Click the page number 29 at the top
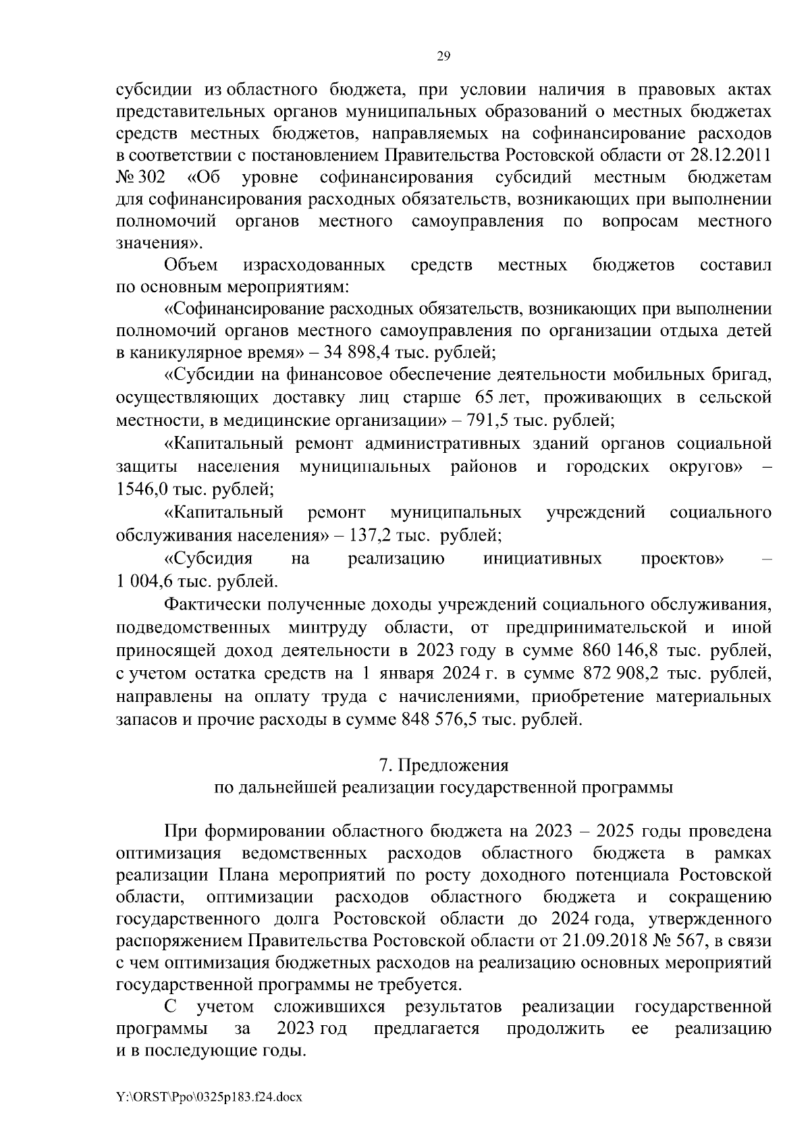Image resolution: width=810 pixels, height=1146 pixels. (x=443, y=56)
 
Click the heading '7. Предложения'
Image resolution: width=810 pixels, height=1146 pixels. (x=443, y=765)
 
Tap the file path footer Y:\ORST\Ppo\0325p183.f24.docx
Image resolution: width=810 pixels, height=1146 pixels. (x=209, y=1097)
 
